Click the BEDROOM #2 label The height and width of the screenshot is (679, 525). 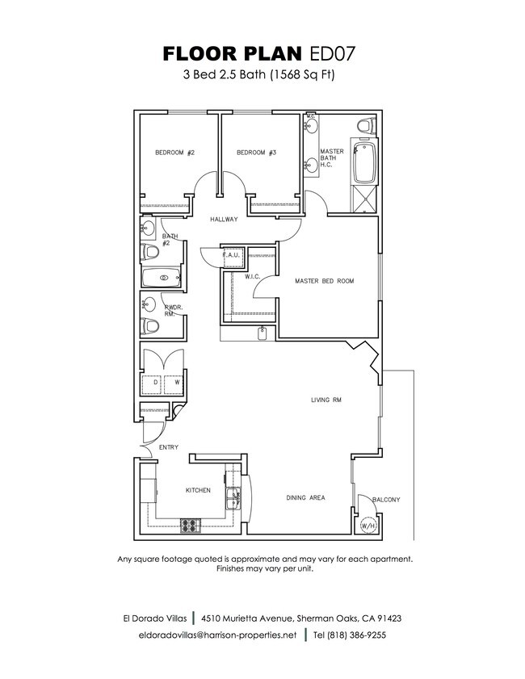pos(174,153)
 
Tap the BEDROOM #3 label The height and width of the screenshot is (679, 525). pos(257,153)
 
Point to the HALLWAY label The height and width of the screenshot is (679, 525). pos(224,220)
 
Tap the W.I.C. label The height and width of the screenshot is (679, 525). pos(251,276)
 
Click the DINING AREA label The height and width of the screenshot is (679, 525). pos(305,498)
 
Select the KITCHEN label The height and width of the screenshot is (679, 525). pos(198,490)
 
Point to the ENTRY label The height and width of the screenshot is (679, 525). pos(168,448)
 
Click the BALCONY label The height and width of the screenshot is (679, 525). pos(386,500)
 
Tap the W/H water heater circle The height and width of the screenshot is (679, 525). pos(368,526)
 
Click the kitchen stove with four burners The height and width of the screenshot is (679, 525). pos(190,526)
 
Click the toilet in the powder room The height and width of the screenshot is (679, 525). pos(149,327)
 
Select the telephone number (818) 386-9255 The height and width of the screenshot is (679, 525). pos(349,635)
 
